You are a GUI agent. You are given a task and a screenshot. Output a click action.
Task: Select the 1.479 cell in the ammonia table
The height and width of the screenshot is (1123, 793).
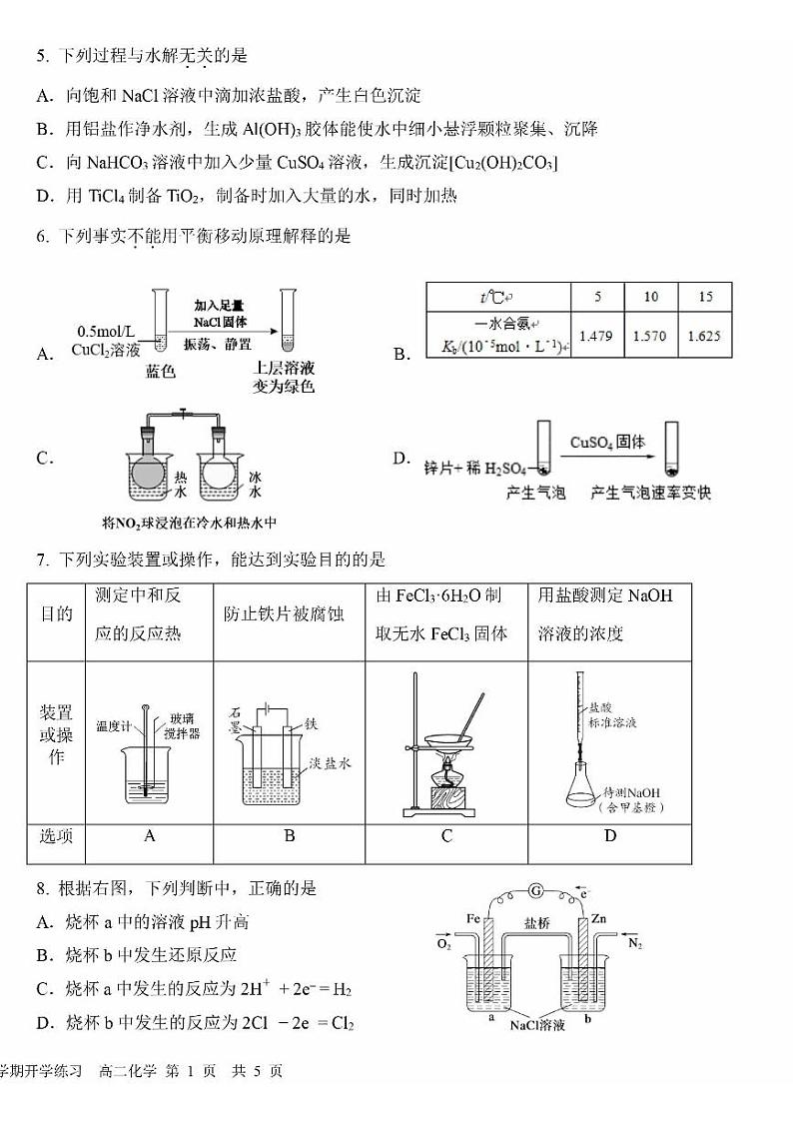pos(596,337)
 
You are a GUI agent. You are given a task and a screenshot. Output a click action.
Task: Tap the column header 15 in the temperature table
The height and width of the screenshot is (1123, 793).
pos(705,297)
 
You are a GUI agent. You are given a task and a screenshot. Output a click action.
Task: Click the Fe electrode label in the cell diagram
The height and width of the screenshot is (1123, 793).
pos(474,918)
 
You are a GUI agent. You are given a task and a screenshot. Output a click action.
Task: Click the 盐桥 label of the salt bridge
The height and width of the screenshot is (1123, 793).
pos(537,924)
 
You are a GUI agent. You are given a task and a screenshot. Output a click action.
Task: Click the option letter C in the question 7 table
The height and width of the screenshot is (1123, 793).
pos(446,836)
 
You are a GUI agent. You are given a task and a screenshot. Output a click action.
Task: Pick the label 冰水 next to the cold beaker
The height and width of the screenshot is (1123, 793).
pos(256,485)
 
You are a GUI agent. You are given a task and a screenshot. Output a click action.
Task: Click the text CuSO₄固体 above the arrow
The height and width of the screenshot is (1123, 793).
pos(607,442)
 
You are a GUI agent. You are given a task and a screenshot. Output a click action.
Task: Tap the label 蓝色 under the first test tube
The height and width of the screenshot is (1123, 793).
pos(160,372)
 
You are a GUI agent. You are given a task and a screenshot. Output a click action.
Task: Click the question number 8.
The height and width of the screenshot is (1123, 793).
pos(42,888)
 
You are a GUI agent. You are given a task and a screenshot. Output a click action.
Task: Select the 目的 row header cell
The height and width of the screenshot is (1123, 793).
pos(56,613)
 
